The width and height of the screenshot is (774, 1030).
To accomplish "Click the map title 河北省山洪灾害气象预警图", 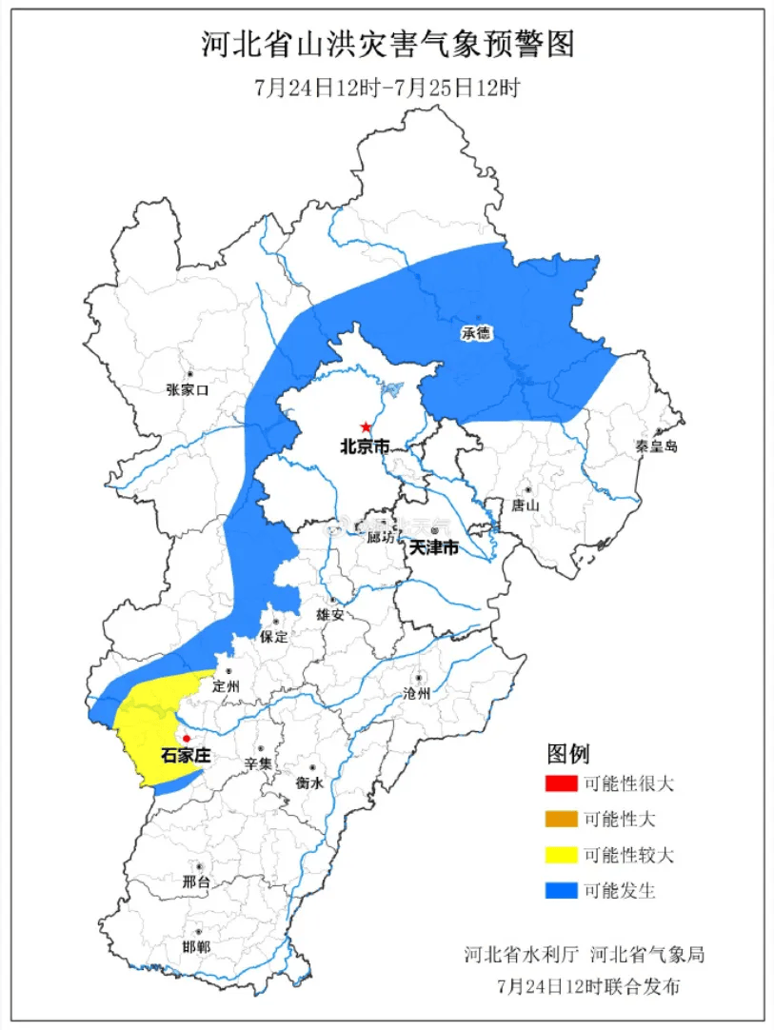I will [x=388, y=46].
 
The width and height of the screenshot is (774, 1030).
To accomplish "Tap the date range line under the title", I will [x=387, y=89].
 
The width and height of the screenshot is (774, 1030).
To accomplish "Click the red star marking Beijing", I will [x=366, y=427].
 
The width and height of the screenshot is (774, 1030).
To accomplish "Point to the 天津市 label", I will [x=434, y=548].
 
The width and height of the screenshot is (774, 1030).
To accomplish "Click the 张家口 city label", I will [x=187, y=389].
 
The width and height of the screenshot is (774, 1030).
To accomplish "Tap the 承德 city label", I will [x=476, y=334].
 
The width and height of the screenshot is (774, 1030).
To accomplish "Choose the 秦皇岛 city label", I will [x=657, y=446].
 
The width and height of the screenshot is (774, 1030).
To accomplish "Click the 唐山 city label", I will [x=526, y=505].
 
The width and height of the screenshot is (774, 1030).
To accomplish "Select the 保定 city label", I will [x=273, y=637].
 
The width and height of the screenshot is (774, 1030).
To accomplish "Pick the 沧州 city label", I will [x=417, y=694].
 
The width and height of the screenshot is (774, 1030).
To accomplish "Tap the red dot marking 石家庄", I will [x=187, y=739].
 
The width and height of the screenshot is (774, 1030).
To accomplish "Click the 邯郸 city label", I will [x=196, y=946].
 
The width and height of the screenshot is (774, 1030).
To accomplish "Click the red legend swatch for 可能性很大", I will [x=562, y=784].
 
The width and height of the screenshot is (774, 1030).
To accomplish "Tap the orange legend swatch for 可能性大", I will [x=562, y=820].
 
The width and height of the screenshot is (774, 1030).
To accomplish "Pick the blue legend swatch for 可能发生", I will [x=562, y=891].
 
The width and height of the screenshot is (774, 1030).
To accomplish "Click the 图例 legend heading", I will [x=568, y=755].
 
